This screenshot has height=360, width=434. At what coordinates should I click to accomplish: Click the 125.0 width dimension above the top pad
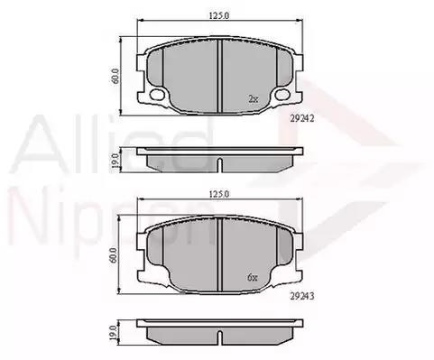click(219, 15)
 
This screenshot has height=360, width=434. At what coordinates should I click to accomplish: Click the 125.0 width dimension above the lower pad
click(219, 194)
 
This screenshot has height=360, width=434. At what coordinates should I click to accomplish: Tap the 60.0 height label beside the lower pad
click(115, 255)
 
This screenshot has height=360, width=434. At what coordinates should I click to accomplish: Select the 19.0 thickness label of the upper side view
click(115, 160)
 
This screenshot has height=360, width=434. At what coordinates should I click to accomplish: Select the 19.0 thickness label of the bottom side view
click(114, 333)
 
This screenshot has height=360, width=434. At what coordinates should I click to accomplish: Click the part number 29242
click(302, 118)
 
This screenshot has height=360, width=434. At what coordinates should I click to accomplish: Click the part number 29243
click(302, 296)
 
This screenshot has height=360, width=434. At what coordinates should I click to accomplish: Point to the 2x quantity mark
click(254, 99)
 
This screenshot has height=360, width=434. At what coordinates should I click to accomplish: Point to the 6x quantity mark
click(253, 278)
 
